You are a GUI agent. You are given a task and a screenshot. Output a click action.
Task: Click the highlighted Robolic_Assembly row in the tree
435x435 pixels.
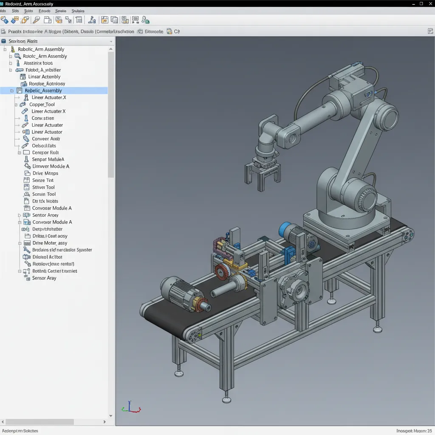pos(43,90)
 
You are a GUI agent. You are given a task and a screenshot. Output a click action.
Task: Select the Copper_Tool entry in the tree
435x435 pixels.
pos(42,105)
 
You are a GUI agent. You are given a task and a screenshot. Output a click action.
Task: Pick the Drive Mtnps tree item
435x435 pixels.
pos(45,173)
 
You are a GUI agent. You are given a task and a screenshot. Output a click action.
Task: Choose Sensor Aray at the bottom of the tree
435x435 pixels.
pos(44,278)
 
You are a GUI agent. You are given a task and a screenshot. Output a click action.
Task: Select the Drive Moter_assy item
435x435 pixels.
pos(50,243)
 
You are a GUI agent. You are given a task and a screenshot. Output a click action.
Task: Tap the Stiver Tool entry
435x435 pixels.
pos(43,187)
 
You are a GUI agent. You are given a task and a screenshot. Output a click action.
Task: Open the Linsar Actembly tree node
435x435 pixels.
pos(44,77)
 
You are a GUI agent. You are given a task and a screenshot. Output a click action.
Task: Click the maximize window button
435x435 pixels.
pos(421,3)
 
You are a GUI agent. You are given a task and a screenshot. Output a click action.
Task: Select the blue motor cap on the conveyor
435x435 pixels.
pos(284,230)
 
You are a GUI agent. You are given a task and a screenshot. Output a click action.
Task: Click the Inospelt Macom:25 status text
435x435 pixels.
pos(414,431)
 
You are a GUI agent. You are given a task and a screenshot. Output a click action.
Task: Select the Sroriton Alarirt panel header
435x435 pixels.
pos(23,41)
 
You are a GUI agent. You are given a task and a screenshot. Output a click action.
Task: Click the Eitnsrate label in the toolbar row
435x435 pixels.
pos(154,31)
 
